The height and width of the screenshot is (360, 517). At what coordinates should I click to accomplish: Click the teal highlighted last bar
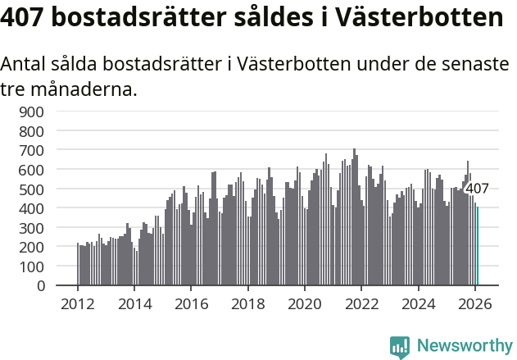[x=478, y=246]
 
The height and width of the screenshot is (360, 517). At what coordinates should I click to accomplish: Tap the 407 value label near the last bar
[x=477, y=189]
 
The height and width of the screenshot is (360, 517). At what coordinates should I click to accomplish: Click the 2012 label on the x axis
[x=78, y=303]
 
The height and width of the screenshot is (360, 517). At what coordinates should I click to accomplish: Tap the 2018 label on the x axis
[x=248, y=303]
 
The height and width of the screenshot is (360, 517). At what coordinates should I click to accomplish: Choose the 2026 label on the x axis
[x=475, y=303]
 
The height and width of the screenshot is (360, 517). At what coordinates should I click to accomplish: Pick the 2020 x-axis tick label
[x=305, y=303]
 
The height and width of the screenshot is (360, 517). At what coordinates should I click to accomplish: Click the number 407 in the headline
[x=27, y=18]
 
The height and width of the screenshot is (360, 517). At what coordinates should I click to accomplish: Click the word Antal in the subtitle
[x=26, y=64]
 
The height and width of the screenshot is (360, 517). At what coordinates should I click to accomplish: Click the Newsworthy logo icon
[x=400, y=346]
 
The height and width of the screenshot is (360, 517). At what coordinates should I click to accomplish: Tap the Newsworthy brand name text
[x=464, y=346]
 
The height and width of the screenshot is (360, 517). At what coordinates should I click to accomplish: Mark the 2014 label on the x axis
[x=134, y=303]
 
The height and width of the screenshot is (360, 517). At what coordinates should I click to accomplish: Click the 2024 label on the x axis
[x=419, y=303]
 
